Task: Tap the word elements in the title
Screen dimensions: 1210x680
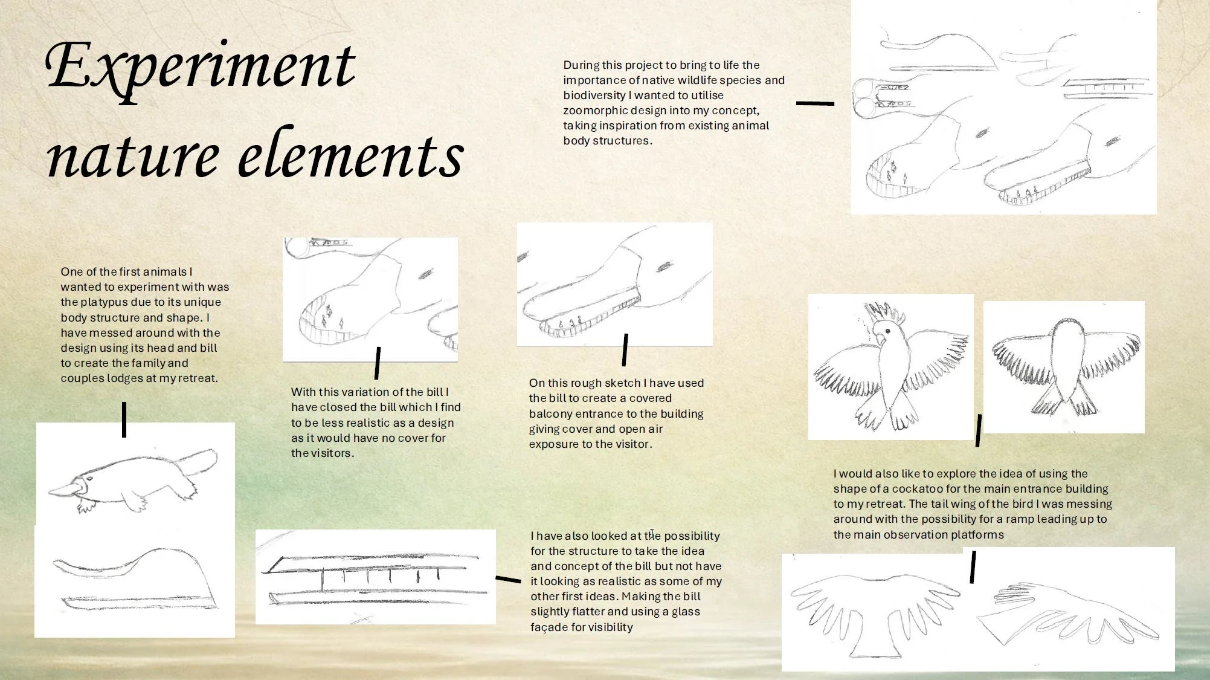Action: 351,155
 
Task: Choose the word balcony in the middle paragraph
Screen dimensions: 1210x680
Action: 550,414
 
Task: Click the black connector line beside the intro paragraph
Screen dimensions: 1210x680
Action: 815,103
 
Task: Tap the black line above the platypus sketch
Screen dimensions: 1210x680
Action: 124,419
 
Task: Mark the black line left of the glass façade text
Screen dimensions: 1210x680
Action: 508,579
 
